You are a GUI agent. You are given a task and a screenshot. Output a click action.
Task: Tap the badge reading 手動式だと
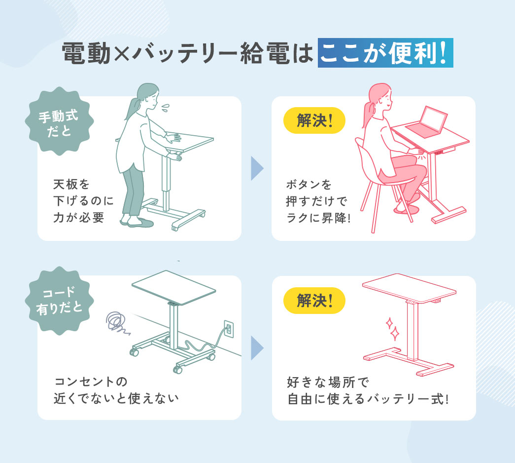pos(59,121)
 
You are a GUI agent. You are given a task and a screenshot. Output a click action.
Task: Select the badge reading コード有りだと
pos(59,301)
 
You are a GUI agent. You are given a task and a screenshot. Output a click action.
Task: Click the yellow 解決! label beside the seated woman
pos(314,121)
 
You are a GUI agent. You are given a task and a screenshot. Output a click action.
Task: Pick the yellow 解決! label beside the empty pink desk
pos(314,301)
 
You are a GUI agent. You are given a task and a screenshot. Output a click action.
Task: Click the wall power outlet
pos(228,328)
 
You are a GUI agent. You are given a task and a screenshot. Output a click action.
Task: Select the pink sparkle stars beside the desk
pos(392,329)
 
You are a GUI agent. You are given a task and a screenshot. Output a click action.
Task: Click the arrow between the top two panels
pos(257,169)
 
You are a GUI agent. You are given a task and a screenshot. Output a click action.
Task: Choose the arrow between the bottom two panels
pos(257,348)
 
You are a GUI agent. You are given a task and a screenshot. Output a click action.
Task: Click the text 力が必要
pos(79,218)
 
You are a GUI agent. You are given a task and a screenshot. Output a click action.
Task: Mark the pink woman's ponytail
pos(367,110)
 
